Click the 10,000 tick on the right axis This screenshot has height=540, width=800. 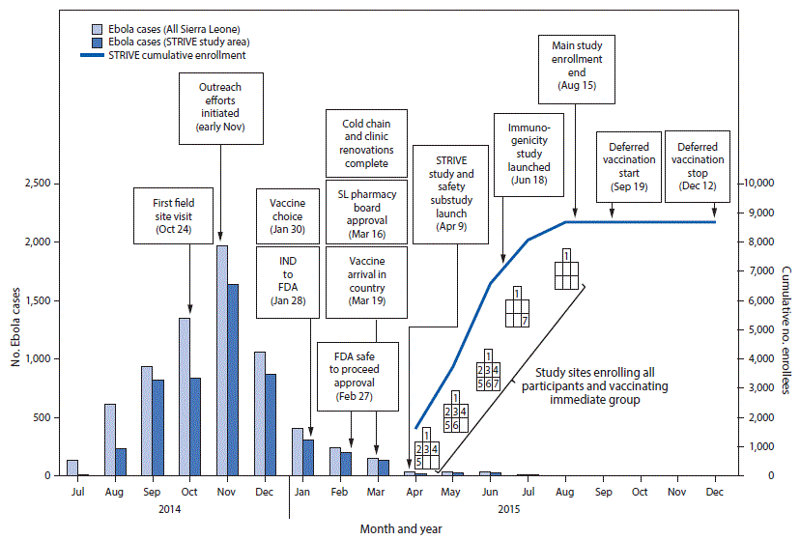click(x=759, y=184)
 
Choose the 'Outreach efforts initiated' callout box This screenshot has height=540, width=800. click(x=220, y=107)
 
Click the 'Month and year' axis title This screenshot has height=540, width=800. click(x=401, y=528)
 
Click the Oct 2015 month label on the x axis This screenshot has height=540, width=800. click(x=640, y=492)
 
